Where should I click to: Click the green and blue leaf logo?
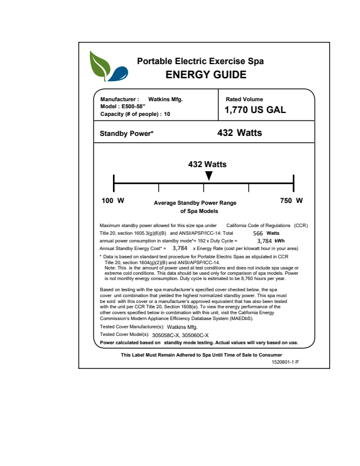coord(106,66)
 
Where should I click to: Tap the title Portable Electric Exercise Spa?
coord(200,61)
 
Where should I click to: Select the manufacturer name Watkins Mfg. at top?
coord(165,99)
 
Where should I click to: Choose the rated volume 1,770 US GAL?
coord(256,110)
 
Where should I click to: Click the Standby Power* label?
coord(126,134)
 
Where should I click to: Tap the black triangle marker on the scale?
coord(208,175)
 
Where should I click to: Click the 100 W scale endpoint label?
coord(114,201)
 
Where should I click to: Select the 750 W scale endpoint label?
coord(292,201)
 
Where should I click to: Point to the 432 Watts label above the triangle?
coord(207,164)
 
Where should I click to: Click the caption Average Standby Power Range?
coord(195,203)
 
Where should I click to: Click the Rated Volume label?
coord(244,99)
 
